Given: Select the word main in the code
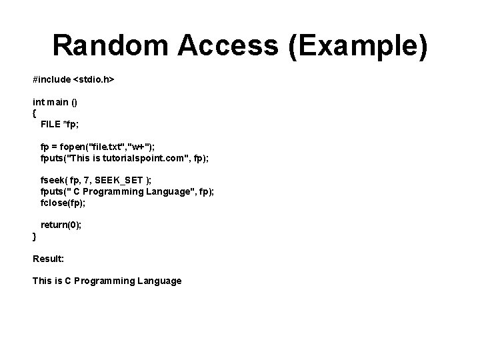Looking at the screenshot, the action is [59, 102].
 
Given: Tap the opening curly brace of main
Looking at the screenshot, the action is [35, 113].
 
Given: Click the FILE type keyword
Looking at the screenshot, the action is [50, 124].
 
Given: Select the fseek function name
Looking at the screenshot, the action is [52, 180].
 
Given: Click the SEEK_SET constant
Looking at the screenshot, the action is [117, 180].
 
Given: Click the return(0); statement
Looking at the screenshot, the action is [61, 225].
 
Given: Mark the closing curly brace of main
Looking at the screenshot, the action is [35, 236].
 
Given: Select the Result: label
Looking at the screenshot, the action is [48, 258].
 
